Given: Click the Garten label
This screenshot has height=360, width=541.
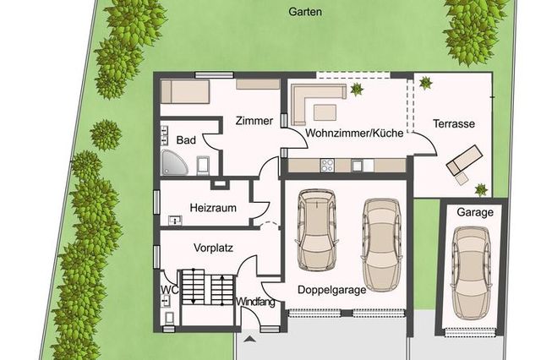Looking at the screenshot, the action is [305, 12].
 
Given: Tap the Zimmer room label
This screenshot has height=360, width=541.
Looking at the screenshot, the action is [254, 121].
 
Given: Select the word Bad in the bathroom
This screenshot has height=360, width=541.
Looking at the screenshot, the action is [186, 140].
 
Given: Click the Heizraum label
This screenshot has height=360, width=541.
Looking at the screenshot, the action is [213, 208].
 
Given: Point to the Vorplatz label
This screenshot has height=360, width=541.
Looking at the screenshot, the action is [213, 248].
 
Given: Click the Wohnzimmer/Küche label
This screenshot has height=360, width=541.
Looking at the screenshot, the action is [354, 134].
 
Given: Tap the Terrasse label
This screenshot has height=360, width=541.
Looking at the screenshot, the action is [454, 123].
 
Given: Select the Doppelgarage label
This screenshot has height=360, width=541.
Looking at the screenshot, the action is [332, 290].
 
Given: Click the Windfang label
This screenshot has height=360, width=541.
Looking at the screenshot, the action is [255, 302].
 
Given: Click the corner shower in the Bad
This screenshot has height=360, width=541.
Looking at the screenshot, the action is [173, 162].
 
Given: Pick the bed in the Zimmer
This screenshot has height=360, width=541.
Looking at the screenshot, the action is [185, 91].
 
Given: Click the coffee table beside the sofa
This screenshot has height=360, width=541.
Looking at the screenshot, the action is [325, 112].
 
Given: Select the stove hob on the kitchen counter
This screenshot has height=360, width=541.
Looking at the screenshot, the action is [327, 165].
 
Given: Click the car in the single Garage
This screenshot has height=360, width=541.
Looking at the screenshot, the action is [472, 273].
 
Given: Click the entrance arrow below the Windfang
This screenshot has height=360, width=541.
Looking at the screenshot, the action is [250, 340].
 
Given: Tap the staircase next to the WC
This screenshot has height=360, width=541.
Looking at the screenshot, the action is [208, 287].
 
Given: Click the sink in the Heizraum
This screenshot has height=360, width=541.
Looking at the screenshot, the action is [175, 221].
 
